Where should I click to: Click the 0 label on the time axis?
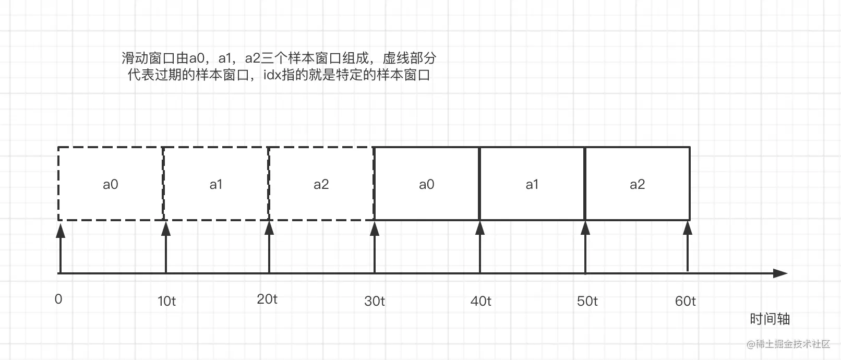58,299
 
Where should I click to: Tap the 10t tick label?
167,301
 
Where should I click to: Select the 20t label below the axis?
267,299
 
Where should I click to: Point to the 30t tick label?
374,301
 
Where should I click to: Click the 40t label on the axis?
480,301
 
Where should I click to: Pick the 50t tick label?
587,301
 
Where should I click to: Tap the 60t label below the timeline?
685,301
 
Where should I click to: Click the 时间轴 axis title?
770,319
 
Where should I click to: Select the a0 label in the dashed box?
111,184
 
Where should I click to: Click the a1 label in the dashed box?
216,184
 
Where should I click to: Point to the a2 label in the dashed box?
321,184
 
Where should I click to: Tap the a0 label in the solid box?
427,184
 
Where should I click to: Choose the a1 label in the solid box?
532,184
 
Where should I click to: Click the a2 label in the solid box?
638,184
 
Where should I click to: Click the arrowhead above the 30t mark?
375,229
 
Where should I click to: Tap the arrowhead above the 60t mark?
688,228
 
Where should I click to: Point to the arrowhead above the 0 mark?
61,230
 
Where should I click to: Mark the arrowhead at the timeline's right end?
780,273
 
